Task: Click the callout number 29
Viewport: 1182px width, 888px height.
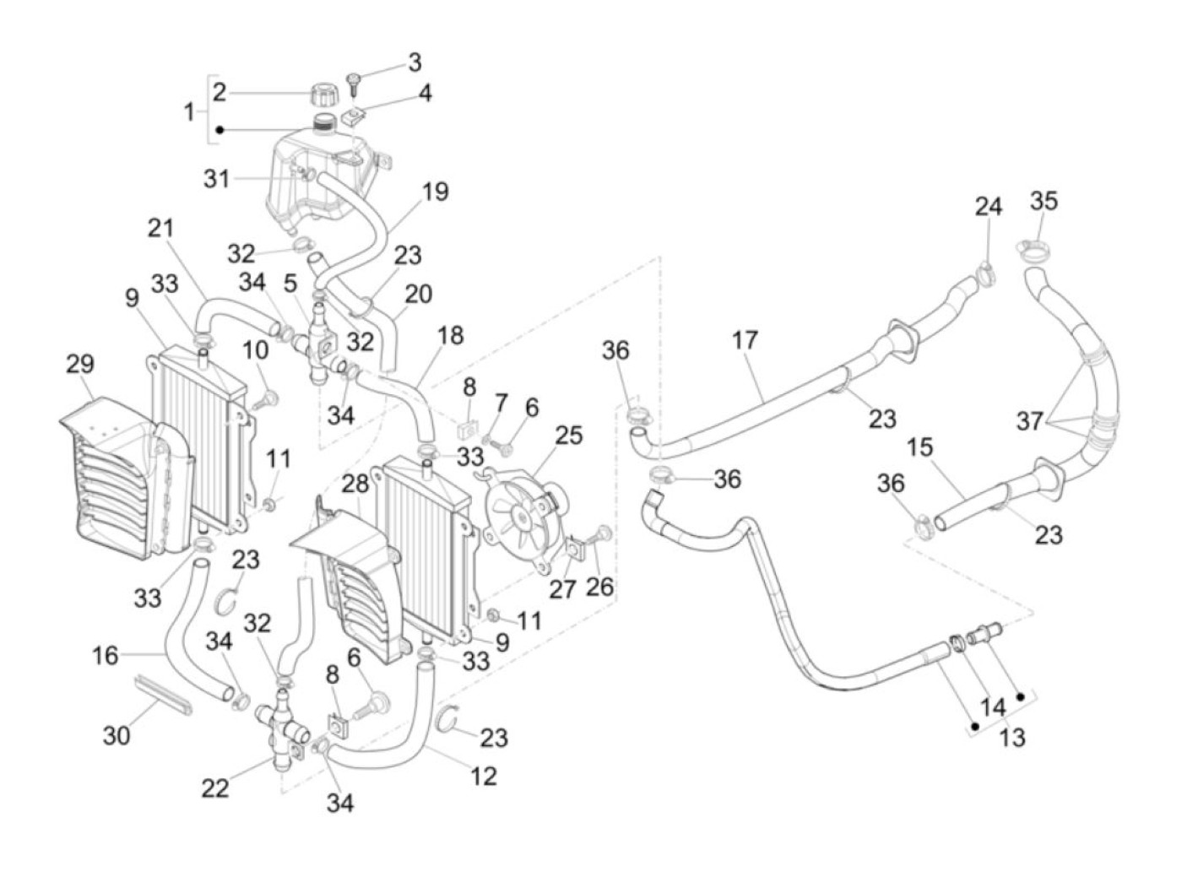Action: pos(80,365)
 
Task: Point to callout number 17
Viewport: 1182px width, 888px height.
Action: pos(745,341)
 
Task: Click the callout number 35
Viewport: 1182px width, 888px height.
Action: pos(1044,202)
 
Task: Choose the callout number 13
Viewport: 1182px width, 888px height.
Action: pos(1011,737)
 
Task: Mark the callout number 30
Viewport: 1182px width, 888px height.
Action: pos(117,735)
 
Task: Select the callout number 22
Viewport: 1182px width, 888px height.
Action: pos(215,788)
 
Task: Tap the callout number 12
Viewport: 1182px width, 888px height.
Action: pos(483,775)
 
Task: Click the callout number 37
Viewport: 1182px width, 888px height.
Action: pos(1029,420)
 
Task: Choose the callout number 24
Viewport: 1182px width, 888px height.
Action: pos(988,207)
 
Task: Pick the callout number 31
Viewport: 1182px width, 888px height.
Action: pos(216,179)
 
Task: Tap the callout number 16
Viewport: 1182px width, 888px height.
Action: pos(106,654)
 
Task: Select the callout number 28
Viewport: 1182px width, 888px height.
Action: pos(355,485)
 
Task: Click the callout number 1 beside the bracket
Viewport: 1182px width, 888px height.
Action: pos(189,111)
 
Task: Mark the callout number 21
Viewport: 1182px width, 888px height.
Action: pos(160,228)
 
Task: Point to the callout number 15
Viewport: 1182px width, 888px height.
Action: pos(920,447)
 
